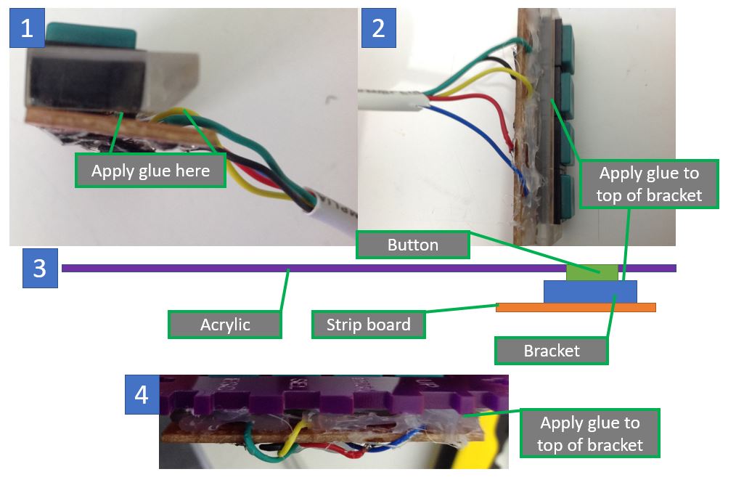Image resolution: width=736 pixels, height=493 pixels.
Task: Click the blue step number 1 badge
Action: click(x=27, y=28)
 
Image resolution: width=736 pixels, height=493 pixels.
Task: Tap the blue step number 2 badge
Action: click(x=378, y=27)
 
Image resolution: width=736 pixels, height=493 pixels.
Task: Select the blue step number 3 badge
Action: click(x=39, y=267)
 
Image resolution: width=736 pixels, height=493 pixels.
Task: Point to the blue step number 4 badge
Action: click(x=142, y=394)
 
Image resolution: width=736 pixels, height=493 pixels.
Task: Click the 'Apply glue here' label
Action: click(x=150, y=171)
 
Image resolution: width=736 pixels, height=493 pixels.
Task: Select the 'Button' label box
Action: click(x=412, y=245)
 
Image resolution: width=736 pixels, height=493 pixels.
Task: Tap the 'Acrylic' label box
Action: click(x=224, y=324)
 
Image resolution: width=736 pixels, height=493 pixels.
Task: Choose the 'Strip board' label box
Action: click(x=368, y=324)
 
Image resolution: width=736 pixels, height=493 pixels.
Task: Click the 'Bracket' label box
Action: click(x=551, y=351)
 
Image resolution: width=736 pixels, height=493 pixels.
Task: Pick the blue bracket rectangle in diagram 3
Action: click(x=590, y=291)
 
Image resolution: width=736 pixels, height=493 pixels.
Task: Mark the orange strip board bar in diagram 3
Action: click(x=576, y=307)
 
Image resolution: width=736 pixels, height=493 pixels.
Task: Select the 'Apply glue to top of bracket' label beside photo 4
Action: click(x=589, y=433)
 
